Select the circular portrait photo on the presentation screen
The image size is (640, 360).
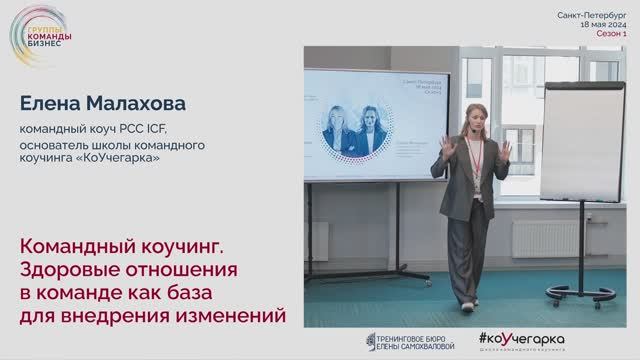(342, 134)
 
